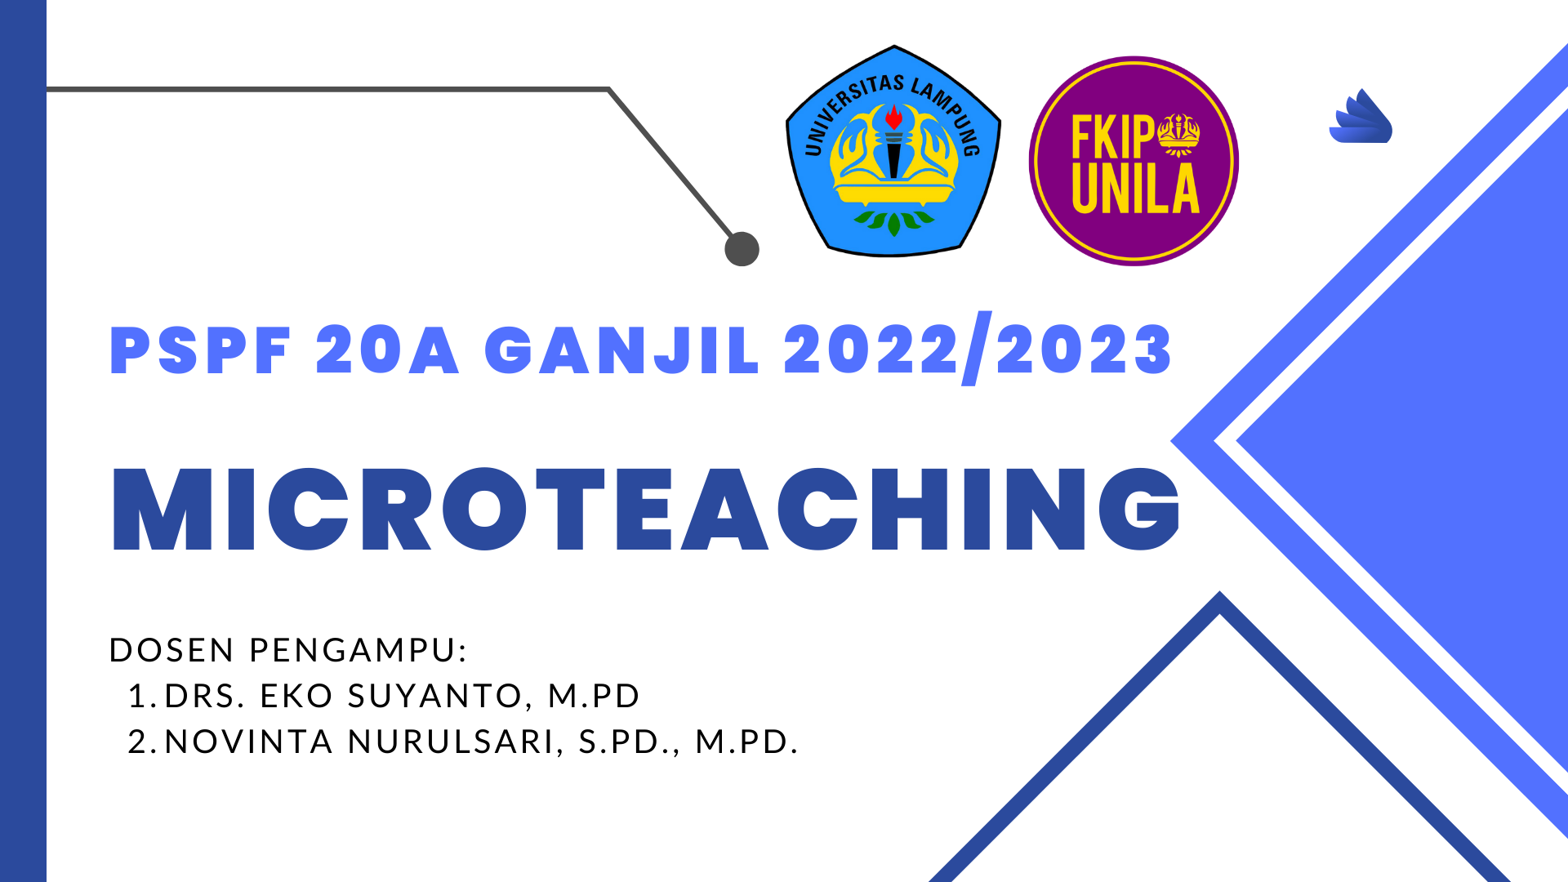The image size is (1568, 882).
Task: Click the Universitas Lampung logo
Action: pyautogui.click(x=893, y=152)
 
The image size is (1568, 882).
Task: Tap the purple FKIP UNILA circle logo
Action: pyautogui.click(x=1134, y=161)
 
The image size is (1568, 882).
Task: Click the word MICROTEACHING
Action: pyautogui.click(x=645, y=510)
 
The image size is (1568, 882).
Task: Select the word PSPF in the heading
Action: pyautogui.click(x=201, y=350)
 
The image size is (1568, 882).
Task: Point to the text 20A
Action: pyautogui.click(x=387, y=350)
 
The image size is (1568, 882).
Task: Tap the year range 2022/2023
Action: pyautogui.click(x=978, y=350)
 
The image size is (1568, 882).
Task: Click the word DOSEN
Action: pyautogui.click(x=172, y=650)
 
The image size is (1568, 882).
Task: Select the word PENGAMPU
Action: pyautogui.click(x=358, y=650)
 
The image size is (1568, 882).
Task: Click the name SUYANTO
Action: pyautogui.click(x=434, y=696)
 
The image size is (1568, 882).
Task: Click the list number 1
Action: pyautogui.click(x=139, y=696)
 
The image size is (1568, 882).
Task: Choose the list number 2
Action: pyautogui.click(x=139, y=742)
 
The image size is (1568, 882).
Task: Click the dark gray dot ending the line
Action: pyautogui.click(x=742, y=249)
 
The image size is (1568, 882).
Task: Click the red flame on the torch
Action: pyautogui.click(x=894, y=117)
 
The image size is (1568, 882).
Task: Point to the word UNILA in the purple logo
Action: pyautogui.click(x=1135, y=189)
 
